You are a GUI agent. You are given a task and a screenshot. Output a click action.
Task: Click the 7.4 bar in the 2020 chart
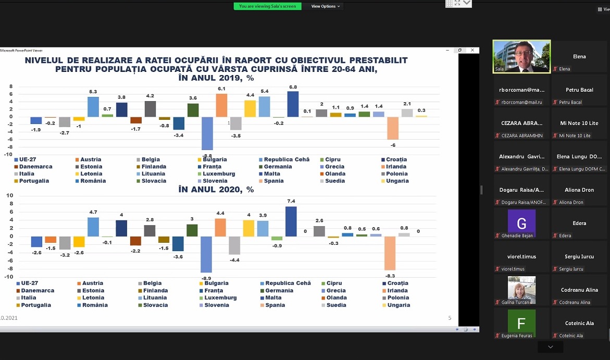(291, 221)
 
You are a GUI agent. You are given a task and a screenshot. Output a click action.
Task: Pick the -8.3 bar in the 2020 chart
(390, 253)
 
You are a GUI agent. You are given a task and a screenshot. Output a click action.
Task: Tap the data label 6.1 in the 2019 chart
(221, 89)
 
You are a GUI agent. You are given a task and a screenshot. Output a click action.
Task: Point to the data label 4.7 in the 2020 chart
(93, 213)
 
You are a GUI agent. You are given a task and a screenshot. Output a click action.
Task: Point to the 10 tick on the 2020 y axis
(9, 195)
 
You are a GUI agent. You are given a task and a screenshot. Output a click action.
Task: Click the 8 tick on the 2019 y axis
(10, 86)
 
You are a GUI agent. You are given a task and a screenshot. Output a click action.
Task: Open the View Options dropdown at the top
(326, 6)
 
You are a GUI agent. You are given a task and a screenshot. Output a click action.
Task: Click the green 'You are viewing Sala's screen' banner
(268, 6)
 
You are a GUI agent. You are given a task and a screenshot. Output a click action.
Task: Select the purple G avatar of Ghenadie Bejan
(521, 224)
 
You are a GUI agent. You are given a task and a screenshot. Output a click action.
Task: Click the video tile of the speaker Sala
(521, 56)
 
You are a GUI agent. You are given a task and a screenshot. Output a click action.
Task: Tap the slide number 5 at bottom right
(450, 317)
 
